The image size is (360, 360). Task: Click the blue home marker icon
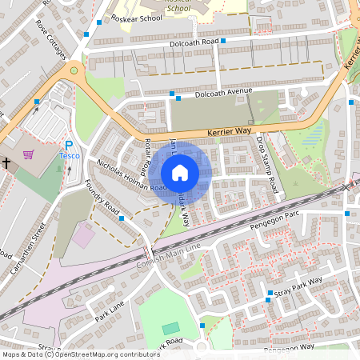pos(180,173)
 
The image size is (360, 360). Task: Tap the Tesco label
pos(69,157)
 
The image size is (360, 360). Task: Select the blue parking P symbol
pos(69,145)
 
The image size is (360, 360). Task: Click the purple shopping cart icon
pos(29,154)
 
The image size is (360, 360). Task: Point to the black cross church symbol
pos(6,162)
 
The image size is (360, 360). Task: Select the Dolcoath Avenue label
pos(218,95)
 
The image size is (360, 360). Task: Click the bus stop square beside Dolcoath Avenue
pos(171,94)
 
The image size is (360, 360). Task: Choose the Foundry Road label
pos(102,199)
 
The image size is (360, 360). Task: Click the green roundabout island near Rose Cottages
pos(74,70)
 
